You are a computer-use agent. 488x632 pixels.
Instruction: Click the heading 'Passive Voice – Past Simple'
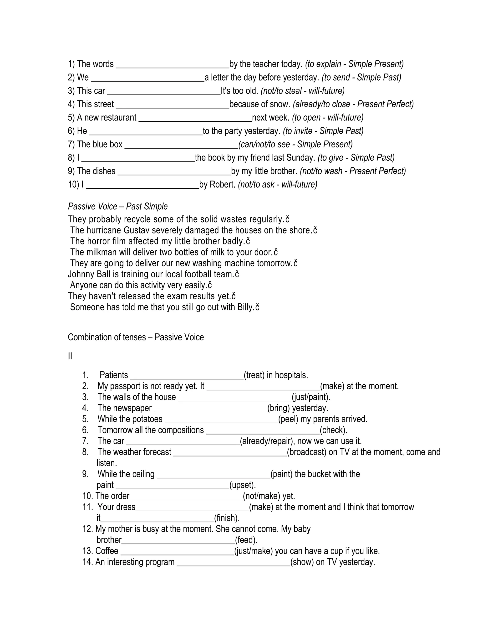pyautogui.click(x=118, y=206)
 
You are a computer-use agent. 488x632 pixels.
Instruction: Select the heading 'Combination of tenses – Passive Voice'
pyautogui.click(x=136, y=337)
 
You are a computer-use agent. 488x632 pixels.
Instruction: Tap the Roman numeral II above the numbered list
pyautogui.click(x=70, y=356)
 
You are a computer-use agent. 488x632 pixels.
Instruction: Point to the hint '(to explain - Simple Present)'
pyautogui.click(x=354, y=64)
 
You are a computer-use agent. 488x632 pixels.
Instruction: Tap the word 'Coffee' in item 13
pyautogui.click(x=107, y=551)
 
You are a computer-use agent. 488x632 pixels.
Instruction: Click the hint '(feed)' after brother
pyautogui.click(x=246, y=540)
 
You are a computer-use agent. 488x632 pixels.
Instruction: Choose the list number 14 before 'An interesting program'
pyautogui.click(x=87, y=562)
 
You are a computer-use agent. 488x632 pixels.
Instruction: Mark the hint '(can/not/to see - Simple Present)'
pyautogui.click(x=295, y=144)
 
